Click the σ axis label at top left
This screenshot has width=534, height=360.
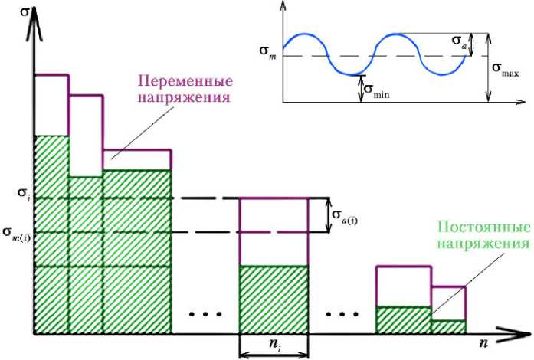pyautogui.click(x=11, y=14)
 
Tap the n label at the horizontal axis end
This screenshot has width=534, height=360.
pyautogui.click(x=483, y=345)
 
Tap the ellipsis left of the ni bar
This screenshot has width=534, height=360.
pyautogui.click(x=203, y=315)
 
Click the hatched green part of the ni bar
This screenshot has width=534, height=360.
pyautogui.click(x=274, y=299)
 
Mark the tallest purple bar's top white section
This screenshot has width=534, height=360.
pyautogui.click(x=51, y=105)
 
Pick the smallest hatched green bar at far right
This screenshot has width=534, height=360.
pyautogui.click(x=448, y=326)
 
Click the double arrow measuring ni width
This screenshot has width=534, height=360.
pyautogui.click(x=274, y=355)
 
